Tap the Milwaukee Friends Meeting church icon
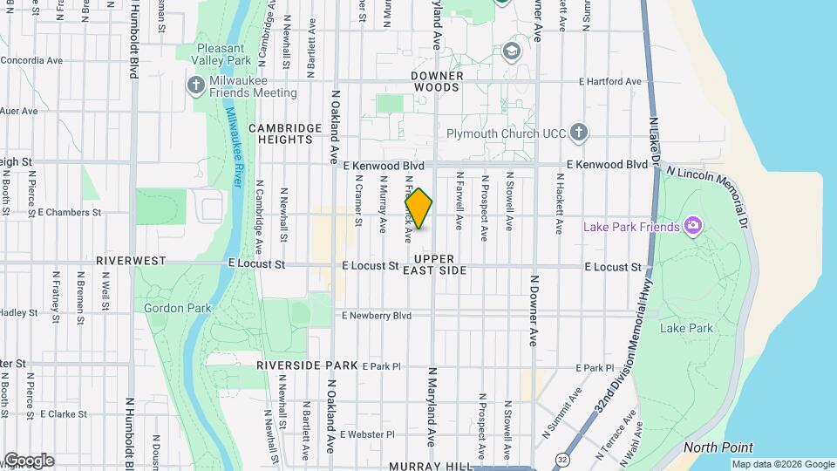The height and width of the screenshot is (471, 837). [196, 85]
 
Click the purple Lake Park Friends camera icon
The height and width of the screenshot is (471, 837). [694, 227]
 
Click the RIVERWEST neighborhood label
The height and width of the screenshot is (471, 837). [131, 261]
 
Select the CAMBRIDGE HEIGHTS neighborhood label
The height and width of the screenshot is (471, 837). [285, 133]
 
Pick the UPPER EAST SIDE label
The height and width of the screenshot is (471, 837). [440, 265]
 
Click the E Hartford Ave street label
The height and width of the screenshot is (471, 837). [610, 81]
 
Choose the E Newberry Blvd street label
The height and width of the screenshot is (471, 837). [377, 315]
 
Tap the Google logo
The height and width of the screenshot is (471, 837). [28, 461]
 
